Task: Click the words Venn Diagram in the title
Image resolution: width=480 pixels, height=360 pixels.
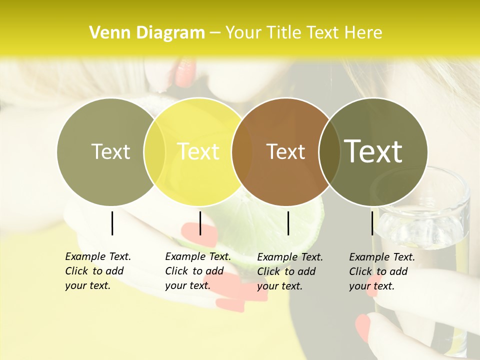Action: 147,33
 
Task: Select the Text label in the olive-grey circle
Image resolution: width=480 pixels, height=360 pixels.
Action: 110,151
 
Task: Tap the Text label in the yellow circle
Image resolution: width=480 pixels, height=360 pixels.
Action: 198,151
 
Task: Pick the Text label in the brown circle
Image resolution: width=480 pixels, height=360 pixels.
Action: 286,151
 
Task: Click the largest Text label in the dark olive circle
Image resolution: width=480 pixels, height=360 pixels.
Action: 373,151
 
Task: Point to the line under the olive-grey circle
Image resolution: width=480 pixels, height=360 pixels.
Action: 112,223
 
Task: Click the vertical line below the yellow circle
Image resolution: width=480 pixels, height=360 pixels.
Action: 200,223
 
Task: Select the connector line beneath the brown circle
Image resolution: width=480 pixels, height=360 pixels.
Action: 288,223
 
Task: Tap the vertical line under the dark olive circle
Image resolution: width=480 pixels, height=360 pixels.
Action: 372,223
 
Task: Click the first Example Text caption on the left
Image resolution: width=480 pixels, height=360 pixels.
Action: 98,271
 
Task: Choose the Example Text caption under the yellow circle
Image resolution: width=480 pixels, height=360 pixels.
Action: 198,271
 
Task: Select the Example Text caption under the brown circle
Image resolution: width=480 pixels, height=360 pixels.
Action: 290,271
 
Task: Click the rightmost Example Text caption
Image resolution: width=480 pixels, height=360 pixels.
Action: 382,271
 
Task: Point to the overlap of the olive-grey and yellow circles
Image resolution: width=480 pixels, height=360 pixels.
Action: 154,151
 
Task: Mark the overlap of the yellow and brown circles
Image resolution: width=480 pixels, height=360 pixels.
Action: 242,151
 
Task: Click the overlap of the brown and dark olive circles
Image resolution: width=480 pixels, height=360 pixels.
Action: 328,151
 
